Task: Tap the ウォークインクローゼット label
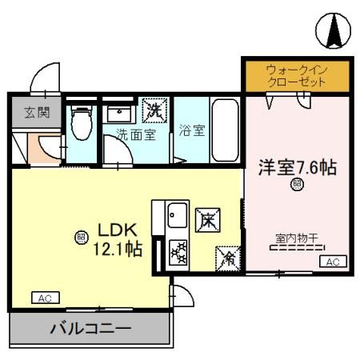pos(297,76)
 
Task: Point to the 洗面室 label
pos(135,134)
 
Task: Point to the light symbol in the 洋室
pos(297,186)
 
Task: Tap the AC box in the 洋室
pos(334,262)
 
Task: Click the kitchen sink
pos(177,214)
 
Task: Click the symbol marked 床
pos(204,217)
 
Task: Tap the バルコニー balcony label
pos(90,328)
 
